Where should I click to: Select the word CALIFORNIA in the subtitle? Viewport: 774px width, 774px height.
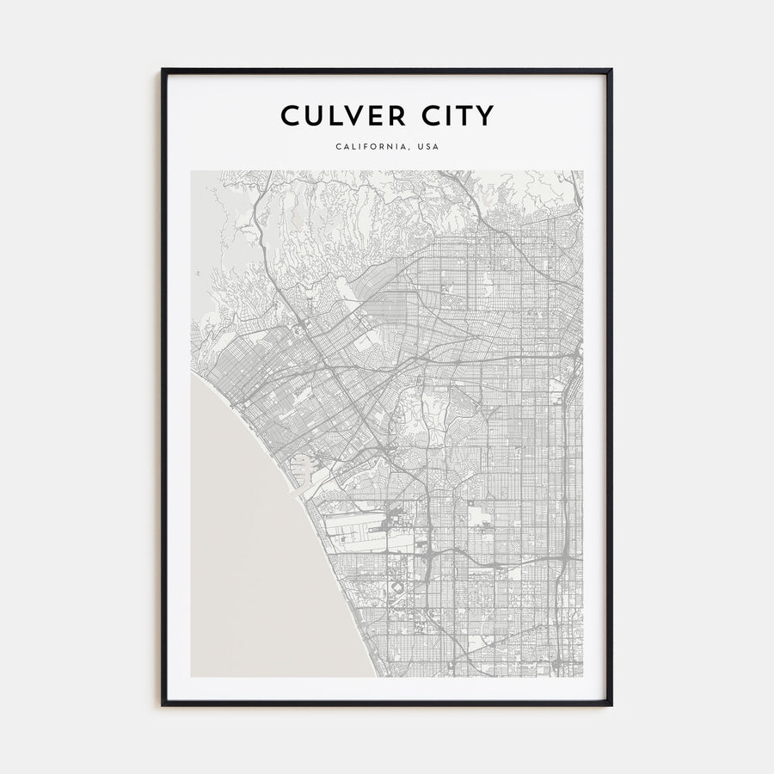pyautogui.click(x=372, y=146)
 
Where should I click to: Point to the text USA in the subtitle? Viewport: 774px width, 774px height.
pyautogui.click(x=428, y=146)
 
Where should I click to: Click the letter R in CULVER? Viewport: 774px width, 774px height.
pyautogui.click(x=401, y=115)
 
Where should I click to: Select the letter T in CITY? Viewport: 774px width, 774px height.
pyautogui.click(x=464, y=115)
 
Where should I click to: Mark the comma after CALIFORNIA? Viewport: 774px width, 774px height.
pyautogui.click(x=409, y=149)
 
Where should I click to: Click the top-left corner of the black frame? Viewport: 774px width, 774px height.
pyautogui.click(x=163, y=70)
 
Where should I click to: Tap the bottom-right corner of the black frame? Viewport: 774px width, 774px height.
pyautogui.click(x=611, y=705)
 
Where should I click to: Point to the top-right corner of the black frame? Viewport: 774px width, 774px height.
pyautogui.click(x=611, y=70)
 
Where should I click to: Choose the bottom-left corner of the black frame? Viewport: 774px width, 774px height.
pyautogui.click(x=163, y=705)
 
